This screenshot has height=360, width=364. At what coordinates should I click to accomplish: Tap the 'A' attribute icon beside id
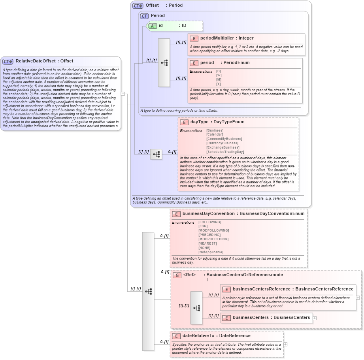click(x=153, y=26)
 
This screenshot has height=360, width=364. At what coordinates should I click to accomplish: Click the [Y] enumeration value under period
click(x=219, y=84)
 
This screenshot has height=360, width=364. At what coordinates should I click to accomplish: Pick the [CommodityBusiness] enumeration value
click(x=224, y=139)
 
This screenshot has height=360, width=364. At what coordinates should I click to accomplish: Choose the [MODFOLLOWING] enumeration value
click(x=213, y=230)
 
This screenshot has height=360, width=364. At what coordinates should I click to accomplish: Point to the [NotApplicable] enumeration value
click(x=211, y=252)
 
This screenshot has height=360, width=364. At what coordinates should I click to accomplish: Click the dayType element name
click(x=199, y=122)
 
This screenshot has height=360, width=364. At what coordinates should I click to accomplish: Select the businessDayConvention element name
click(x=208, y=213)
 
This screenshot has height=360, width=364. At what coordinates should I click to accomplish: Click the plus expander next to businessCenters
click(x=315, y=318)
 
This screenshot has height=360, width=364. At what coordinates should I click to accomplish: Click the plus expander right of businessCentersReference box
click(x=358, y=298)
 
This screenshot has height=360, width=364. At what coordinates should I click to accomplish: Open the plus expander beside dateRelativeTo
click(x=285, y=345)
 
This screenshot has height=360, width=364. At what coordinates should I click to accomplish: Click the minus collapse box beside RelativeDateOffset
click(x=123, y=94)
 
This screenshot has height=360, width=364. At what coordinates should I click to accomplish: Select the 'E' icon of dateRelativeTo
click(x=176, y=336)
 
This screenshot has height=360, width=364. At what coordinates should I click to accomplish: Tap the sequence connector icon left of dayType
click(x=156, y=154)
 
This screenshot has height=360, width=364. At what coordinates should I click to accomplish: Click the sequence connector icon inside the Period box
click(x=164, y=63)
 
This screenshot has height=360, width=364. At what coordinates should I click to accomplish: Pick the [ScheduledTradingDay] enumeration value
click(x=225, y=152)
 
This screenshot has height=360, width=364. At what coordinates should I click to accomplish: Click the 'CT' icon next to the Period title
click(x=145, y=16)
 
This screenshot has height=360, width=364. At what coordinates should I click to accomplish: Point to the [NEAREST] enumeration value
click(x=207, y=243)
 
